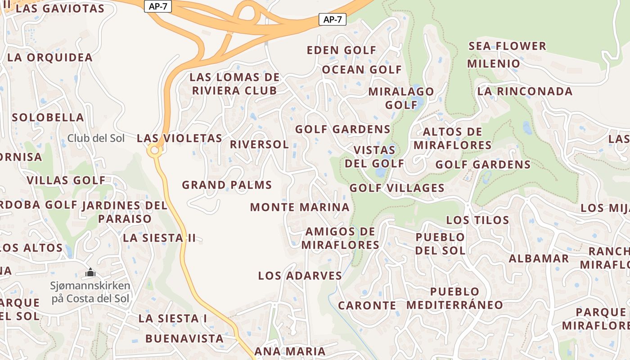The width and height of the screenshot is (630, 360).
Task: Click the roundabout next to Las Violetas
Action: point(155,151)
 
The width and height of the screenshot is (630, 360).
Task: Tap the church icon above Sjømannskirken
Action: point(90,272)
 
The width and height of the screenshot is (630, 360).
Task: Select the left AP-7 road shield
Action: point(158,6)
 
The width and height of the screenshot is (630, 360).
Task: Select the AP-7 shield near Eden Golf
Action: point(332,19)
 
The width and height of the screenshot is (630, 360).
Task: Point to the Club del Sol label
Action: point(96,138)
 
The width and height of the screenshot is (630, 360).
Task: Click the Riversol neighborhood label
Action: point(259,144)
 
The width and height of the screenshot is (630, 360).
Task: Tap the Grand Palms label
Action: point(227,185)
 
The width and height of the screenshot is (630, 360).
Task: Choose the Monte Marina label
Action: point(300,207)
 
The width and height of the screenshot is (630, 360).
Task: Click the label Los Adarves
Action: point(300,276)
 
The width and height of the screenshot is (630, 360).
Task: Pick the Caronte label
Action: point(367,306)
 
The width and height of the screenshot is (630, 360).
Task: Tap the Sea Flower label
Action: point(507,46)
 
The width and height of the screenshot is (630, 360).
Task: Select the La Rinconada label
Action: point(525,91)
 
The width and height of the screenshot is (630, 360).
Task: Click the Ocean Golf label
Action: point(361,70)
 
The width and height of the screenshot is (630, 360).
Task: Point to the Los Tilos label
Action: point(477,220)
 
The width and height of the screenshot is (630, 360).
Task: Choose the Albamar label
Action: point(539,259)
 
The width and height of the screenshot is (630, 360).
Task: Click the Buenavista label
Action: point(184,338)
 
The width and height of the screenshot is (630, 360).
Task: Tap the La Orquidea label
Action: point(50,58)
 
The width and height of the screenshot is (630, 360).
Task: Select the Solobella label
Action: point(48,117)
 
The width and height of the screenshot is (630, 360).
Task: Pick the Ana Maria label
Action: point(289,351)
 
